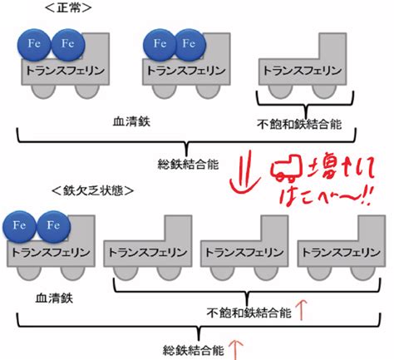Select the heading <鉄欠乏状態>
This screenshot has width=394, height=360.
coord(92,191)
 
